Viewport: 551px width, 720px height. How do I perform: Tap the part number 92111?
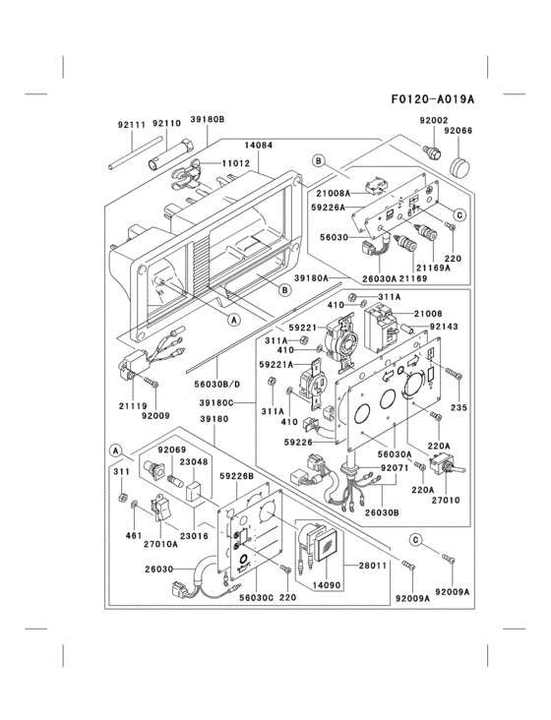[x=131, y=125]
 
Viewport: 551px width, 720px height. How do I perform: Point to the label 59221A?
[x=276, y=364]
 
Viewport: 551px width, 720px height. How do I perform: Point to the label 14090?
[x=324, y=584]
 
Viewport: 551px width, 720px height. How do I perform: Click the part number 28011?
[x=372, y=567]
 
